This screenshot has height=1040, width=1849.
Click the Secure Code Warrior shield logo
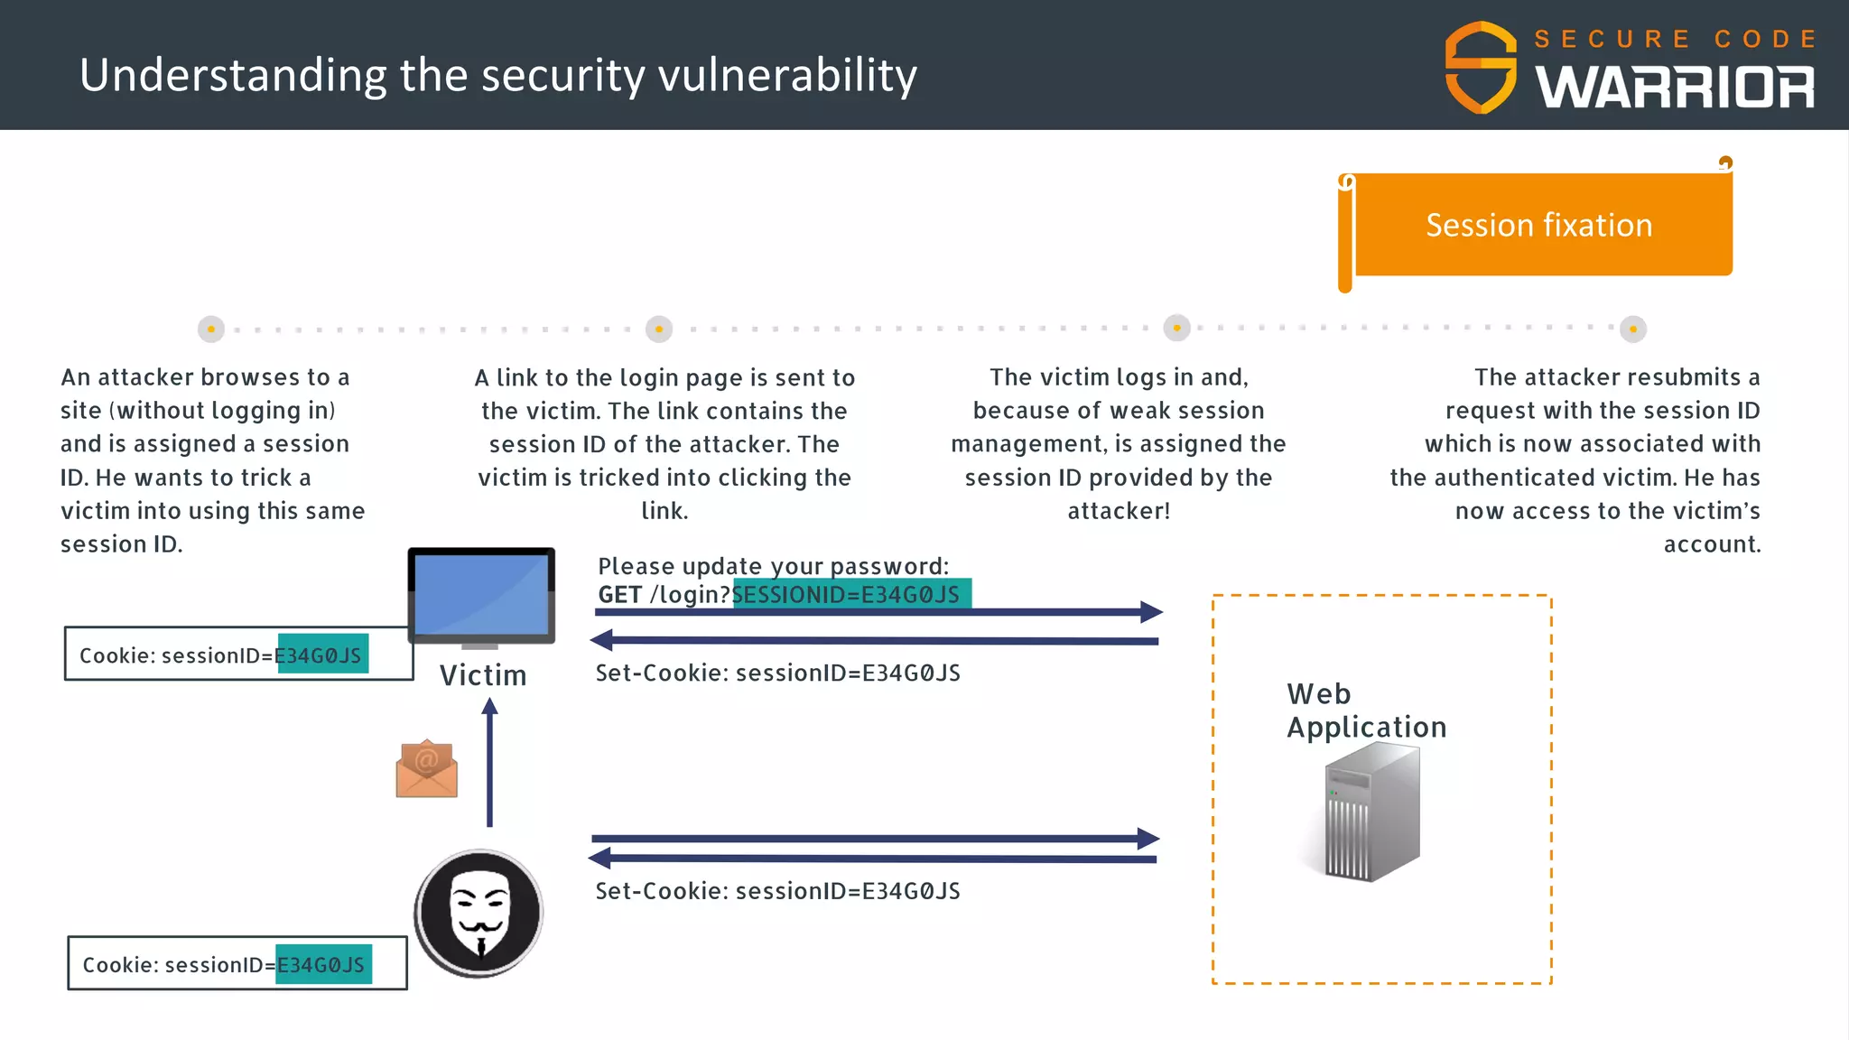[1481, 68]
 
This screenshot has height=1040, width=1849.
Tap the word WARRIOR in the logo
[1675, 88]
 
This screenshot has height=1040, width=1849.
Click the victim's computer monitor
[481, 596]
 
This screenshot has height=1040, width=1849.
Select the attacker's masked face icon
[479, 913]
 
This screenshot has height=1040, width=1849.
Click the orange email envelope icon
[426, 769]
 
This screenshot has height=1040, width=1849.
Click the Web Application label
[1366, 710]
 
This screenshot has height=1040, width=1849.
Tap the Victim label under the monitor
[483, 675]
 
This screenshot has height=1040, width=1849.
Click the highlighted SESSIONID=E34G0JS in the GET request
[851, 594]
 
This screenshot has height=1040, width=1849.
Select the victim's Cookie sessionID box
[238, 654]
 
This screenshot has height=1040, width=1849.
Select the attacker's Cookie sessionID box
[237, 963]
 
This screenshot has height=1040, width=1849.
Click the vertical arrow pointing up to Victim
[489, 763]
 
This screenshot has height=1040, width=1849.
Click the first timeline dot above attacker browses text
[210, 329]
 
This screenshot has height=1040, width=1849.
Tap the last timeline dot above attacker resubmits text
[1632, 329]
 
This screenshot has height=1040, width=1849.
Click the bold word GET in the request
[619, 595]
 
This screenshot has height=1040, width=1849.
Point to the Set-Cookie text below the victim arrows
[777, 673]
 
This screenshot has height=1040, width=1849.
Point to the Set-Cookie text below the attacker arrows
[777, 891]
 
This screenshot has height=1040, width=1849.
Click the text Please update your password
[773, 566]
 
